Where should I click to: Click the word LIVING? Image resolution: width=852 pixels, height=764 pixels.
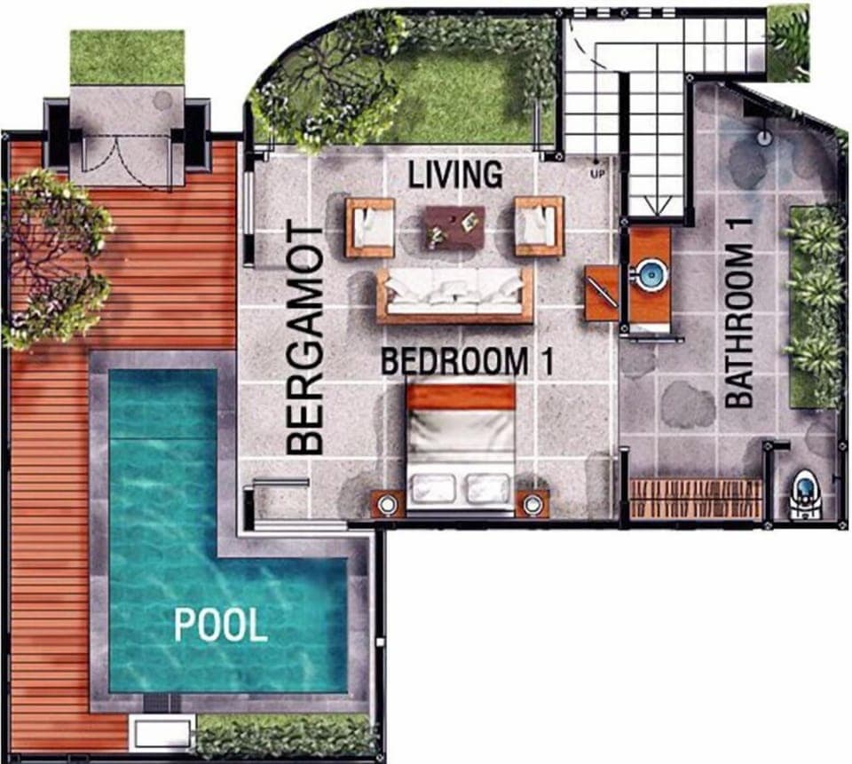[455, 174]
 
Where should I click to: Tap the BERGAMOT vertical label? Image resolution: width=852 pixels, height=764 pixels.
[306, 340]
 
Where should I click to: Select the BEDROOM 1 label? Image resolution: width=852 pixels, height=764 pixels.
[467, 361]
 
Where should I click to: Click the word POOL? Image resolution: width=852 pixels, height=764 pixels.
[220, 626]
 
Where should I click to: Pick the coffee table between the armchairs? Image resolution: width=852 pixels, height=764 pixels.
[454, 227]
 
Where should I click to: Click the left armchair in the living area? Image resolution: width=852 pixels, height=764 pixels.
[370, 226]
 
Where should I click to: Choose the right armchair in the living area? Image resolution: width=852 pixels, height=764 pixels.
[539, 225]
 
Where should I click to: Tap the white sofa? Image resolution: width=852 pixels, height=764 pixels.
[454, 294]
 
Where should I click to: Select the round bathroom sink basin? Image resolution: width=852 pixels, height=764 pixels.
[651, 272]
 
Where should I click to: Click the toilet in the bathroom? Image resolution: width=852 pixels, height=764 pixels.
[805, 494]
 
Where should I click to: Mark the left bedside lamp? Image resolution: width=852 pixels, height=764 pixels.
[388, 505]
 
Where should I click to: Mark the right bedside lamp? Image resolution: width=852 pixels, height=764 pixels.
[532, 505]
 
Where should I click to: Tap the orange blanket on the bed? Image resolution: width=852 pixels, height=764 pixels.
[461, 397]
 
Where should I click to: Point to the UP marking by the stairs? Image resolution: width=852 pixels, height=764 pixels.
[597, 174]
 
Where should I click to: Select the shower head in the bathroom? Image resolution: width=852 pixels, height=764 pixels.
[762, 138]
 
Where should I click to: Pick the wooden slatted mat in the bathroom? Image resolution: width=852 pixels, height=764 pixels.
[695, 498]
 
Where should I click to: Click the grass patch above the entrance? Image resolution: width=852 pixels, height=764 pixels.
[127, 57]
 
